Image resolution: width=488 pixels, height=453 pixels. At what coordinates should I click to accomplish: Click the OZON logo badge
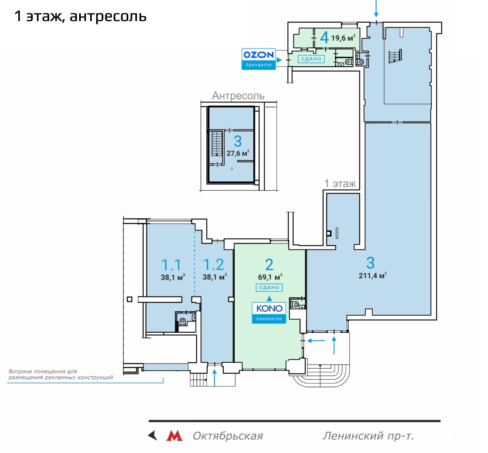tap(258, 59)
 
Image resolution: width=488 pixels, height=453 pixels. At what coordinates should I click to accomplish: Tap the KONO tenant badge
tap(269, 313)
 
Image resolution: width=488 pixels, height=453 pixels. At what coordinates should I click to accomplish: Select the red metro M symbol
tap(174, 436)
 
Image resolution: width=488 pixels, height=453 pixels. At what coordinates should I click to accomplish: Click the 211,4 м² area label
tap(373, 275)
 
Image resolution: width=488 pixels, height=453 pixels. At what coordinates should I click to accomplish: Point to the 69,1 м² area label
tap(270, 277)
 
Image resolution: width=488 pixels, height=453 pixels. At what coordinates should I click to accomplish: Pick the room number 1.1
tap(171, 265)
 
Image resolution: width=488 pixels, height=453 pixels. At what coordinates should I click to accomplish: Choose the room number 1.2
tap(214, 265)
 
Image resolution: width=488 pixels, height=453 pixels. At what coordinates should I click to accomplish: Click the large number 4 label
tap(324, 38)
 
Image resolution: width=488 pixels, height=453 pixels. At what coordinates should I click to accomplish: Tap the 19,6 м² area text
tap(343, 38)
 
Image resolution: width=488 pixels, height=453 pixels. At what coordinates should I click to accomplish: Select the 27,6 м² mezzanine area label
tap(238, 153)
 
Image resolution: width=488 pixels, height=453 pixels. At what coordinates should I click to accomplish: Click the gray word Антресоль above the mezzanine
tap(238, 96)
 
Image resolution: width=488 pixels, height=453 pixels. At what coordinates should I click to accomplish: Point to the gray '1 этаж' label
tap(340, 184)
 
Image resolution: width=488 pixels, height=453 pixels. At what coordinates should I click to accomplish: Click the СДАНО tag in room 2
tap(269, 288)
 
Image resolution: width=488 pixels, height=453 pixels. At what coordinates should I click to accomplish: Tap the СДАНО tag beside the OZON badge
tap(311, 59)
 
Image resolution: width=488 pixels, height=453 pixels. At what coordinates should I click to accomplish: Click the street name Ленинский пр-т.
tap(368, 436)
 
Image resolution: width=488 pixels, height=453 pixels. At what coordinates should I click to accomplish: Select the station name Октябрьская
tap(228, 436)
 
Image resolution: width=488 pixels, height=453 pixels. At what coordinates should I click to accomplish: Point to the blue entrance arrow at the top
tap(376, 9)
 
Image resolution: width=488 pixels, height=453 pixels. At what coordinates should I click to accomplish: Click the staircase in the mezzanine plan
tap(217, 144)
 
